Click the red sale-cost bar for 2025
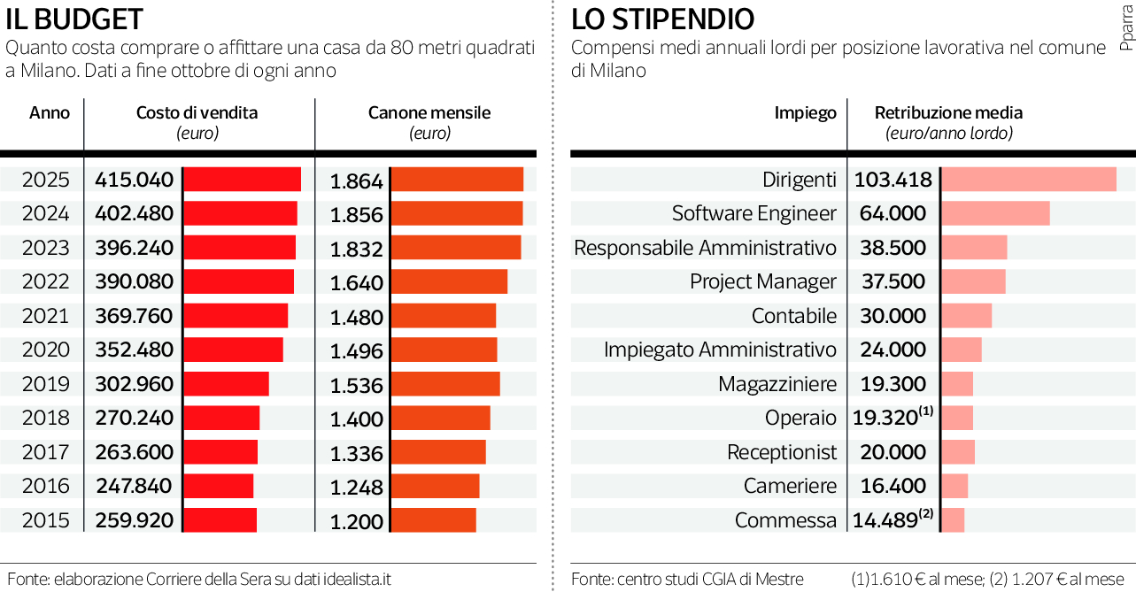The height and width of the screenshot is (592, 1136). pos(242,179)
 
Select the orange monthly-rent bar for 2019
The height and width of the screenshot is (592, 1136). pos(444,384)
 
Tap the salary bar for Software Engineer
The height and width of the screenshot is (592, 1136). pos(995,213)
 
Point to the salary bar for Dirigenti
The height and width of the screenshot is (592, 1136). pos(1028,179)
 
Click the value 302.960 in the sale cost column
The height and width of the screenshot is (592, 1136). pos(134,384)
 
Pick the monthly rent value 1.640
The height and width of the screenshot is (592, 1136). pos(356,283)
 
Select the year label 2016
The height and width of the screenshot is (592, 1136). pos(46,486)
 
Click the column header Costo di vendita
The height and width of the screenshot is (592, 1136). pos(197,113)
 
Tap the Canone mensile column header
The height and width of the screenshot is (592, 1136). pos(429,113)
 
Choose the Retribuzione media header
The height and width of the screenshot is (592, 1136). pos(948,113)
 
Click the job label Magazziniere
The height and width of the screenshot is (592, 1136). pos(777,384)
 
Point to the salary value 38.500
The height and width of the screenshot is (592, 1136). pos(893,248)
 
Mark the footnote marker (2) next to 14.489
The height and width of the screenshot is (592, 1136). pos(926,514)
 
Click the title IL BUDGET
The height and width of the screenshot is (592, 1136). pos(74,19)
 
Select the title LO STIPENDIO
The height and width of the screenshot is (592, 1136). pos(663,19)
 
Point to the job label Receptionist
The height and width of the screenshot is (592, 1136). pos(782,452)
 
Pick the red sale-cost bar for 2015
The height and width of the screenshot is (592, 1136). pos(220,519)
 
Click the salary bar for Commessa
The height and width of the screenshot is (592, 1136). pos(953,519)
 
